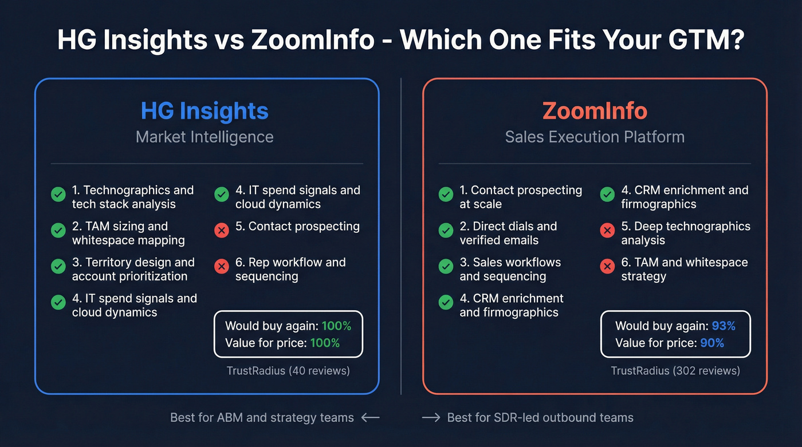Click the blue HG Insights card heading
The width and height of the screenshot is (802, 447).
click(x=205, y=111)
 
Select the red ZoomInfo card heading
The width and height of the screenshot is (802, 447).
click(x=595, y=111)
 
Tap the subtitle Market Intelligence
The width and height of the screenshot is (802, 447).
click(x=205, y=137)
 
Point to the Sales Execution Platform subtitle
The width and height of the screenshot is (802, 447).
click(x=595, y=137)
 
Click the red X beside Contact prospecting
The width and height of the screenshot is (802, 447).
click(x=221, y=230)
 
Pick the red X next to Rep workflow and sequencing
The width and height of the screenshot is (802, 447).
click(x=221, y=266)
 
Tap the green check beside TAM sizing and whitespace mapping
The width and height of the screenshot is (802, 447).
click(x=58, y=230)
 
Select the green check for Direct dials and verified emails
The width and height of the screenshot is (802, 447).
click(x=446, y=230)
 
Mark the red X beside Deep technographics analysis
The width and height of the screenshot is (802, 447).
click(x=607, y=230)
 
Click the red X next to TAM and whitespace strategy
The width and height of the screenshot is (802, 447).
click(x=607, y=266)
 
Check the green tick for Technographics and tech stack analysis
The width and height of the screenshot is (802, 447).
click(x=58, y=194)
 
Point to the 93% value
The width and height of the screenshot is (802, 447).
click(x=724, y=326)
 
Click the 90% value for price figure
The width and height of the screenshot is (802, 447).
click(x=712, y=343)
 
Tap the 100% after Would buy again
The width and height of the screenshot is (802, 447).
click(x=336, y=326)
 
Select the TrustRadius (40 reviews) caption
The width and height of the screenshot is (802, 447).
click(x=288, y=371)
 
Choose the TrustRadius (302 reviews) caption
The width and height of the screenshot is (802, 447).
click(x=675, y=371)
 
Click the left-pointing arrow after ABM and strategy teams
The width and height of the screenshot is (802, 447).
click(x=371, y=418)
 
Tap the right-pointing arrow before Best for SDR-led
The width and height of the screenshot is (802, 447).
click(x=431, y=418)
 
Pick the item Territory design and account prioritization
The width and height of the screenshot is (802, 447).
click(x=133, y=269)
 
